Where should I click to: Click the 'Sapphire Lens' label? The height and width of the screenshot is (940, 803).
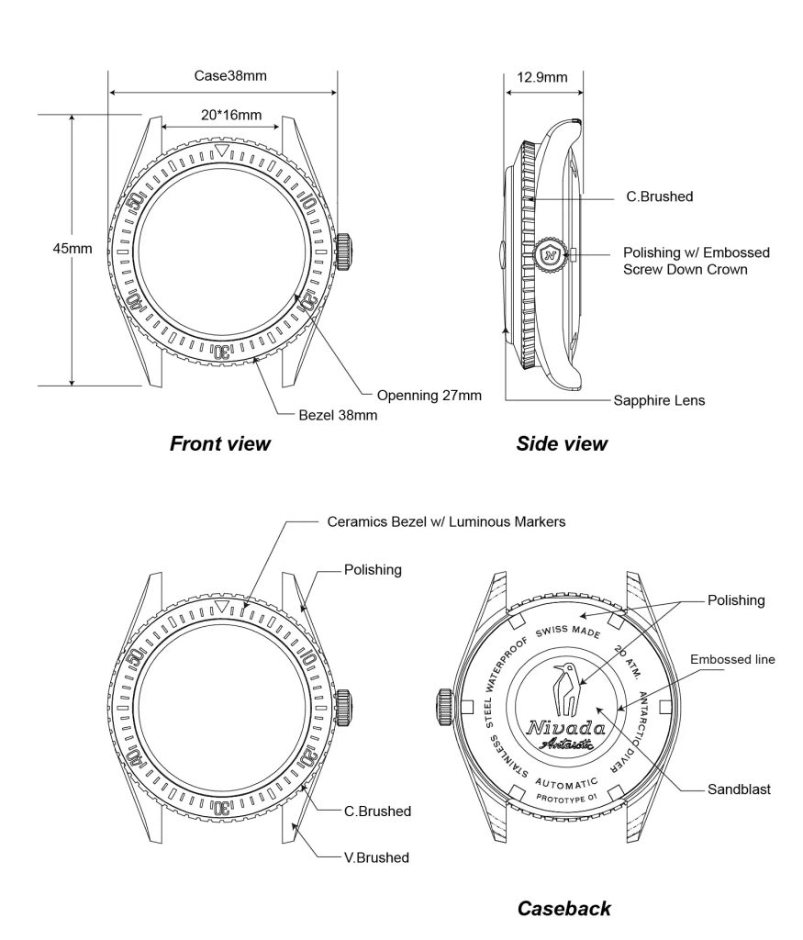point(659,400)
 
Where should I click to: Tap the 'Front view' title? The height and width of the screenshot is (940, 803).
point(220,444)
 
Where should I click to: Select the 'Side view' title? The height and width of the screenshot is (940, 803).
point(562,444)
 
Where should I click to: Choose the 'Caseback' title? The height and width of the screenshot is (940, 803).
point(563,909)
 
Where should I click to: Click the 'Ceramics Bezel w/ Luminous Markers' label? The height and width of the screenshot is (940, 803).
point(446,521)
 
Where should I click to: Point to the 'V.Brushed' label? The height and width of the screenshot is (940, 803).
point(376,857)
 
